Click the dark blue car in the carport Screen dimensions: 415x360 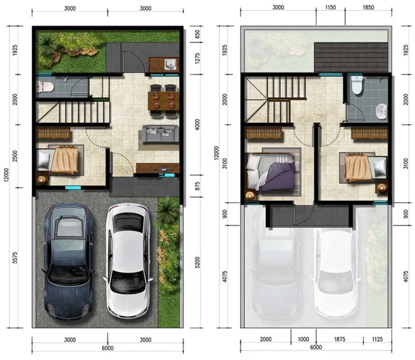[x=69, y=261]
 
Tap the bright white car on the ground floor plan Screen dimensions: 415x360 [x=129, y=260]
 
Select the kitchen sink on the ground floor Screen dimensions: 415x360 [x=170, y=64]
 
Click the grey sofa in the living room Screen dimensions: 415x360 [x=160, y=133]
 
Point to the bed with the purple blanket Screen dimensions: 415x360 [x=271, y=172]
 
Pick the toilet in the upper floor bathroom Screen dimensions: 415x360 [x=357, y=85]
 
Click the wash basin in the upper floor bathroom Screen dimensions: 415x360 [x=381, y=112]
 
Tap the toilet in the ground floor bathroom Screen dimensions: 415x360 [x=45, y=87]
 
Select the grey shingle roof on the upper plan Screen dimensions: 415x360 [x=351, y=57]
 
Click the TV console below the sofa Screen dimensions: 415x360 [x=158, y=168]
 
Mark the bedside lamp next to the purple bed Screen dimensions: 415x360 [x=250, y=195]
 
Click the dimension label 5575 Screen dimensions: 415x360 [x=15, y=257]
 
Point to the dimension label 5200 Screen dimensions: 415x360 [x=197, y=262]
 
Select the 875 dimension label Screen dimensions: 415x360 [x=197, y=186]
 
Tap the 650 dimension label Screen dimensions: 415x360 [x=197, y=34]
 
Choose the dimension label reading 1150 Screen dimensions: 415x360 [x=331, y=8]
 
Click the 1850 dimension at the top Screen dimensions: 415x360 [x=368, y=8]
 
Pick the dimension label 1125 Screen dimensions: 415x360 [x=377, y=339]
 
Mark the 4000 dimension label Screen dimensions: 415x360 [x=197, y=125]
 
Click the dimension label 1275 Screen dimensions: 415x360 [x=197, y=59]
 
